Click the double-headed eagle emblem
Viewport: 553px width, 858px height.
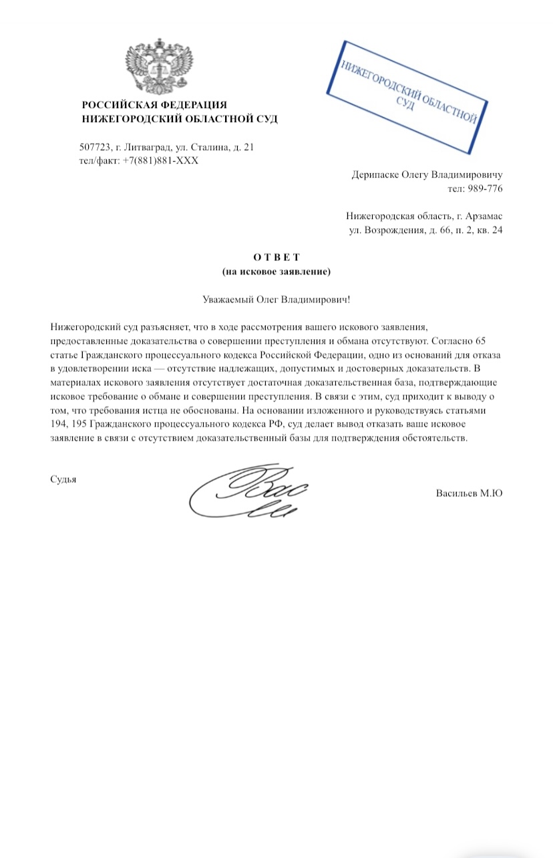coord(157,67)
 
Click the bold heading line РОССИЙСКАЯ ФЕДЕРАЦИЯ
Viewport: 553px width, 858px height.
coord(154,105)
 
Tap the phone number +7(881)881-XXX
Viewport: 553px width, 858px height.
coord(161,160)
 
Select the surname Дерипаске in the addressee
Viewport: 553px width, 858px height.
coord(374,176)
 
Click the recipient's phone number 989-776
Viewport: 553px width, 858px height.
coord(485,189)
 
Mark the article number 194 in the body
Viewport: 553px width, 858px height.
coord(58,426)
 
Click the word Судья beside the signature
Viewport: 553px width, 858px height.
coord(63,478)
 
